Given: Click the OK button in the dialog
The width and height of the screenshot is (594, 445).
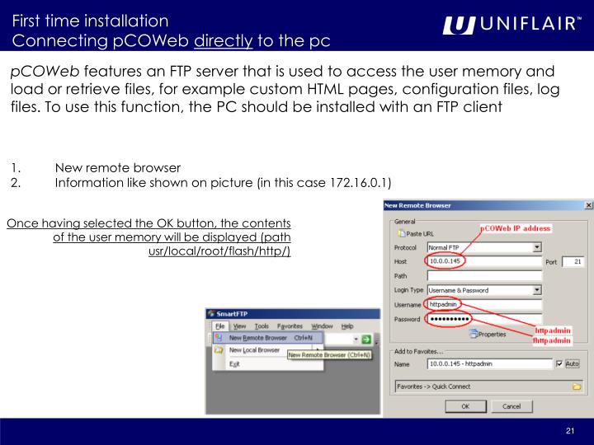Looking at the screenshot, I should pos(464,406).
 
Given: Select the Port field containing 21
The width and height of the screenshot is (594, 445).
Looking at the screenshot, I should pos(573,261).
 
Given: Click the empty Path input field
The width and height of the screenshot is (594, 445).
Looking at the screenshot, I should pos(483,276).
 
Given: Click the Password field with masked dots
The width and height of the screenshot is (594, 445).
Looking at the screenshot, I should pos(483,319).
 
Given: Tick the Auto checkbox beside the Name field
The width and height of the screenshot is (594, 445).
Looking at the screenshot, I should pos(559,363).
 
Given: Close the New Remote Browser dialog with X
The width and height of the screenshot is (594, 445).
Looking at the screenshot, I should pos(587,204).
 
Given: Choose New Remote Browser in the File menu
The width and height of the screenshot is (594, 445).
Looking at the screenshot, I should pos(257,338).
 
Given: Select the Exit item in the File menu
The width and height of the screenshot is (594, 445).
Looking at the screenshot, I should pos(235,363).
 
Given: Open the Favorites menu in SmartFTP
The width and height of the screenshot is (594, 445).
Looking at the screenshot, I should pos(290,326).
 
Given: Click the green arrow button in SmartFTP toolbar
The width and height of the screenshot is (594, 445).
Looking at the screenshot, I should pos(365,339).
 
